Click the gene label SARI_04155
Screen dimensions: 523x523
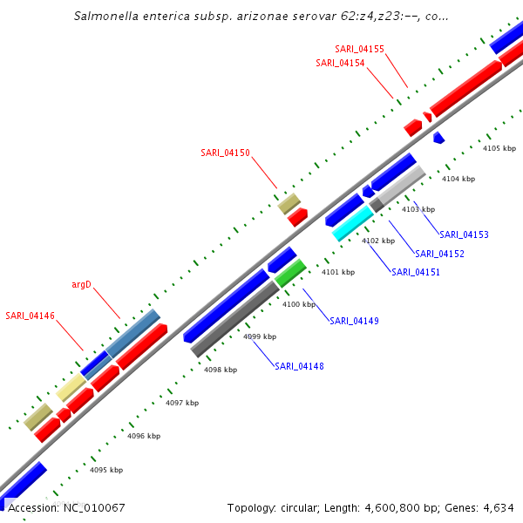pos(359,49)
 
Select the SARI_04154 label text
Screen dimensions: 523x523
pos(340,63)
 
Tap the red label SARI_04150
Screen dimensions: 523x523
pos(225,153)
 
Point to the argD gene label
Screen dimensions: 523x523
pos(81,284)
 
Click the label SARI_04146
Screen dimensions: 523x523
pos(30,315)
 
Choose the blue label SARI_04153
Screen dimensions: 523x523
pos(464,234)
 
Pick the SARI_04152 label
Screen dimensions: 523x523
pos(439,254)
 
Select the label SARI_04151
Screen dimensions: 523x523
pos(416,272)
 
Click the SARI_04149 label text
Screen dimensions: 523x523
pos(354,321)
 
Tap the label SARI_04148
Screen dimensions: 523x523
pos(299,366)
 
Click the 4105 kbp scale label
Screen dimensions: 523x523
pos(499,148)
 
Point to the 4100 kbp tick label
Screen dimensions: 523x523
pos(299,304)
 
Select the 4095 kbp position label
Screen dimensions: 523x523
pos(106,470)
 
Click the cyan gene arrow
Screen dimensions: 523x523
pos(353,223)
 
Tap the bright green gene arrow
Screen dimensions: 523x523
pos(290,273)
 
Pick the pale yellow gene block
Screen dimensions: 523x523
pos(71,388)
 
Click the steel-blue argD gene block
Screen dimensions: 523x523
pos(132,332)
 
